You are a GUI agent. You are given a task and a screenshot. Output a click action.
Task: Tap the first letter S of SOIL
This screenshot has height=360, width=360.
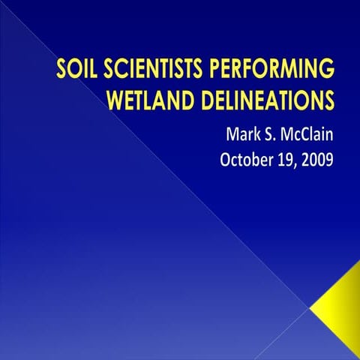pos(61,71)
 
